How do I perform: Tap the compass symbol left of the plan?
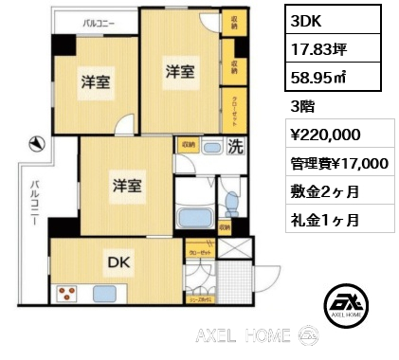[x=36, y=144]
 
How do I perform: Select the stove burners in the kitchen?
[x=68, y=293]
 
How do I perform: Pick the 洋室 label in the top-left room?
[x=94, y=81]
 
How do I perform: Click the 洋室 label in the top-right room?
[x=181, y=72]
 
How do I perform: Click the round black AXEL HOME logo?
[x=345, y=303]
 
